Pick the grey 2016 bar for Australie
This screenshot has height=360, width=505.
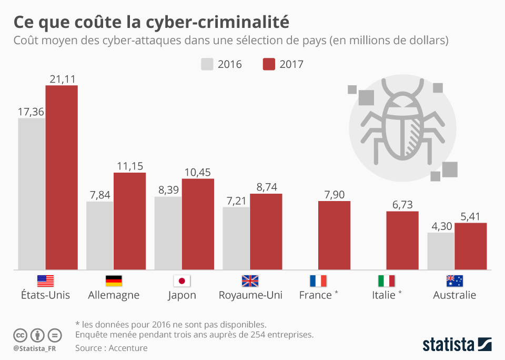click(x=441, y=251)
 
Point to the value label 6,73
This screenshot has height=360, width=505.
click(x=402, y=205)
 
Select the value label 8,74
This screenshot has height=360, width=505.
click(x=266, y=187)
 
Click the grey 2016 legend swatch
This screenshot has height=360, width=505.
click(x=207, y=64)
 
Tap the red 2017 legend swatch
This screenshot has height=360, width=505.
click(x=269, y=64)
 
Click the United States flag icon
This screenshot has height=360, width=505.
click(x=45, y=281)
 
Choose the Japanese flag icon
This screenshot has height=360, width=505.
click(x=181, y=281)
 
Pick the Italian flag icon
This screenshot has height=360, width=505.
click(x=386, y=281)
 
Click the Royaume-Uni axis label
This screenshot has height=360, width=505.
click(x=250, y=295)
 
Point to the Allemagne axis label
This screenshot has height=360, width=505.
click(x=114, y=295)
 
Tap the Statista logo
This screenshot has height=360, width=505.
click(x=457, y=345)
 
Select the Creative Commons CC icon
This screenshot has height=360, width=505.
click(x=21, y=335)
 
